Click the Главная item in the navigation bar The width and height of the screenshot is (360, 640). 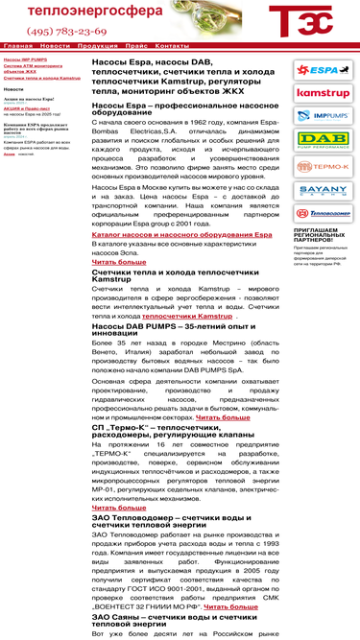coord(17,45)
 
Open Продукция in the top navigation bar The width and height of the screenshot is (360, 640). coord(97,45)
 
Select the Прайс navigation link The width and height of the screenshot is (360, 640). coord(135,45)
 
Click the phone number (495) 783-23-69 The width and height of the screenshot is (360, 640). coord(68,32)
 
